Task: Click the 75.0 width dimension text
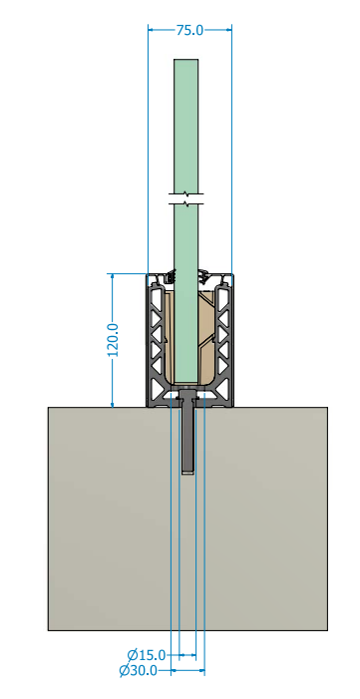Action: [x=189, y=30]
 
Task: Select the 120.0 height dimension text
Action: [x=114, y=340]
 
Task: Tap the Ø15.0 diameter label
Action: [x=147, y=655]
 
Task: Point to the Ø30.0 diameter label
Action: [x=139, y=670]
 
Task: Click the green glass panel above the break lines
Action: [x=186, y=127]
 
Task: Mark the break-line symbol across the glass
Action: [x=186, y=199]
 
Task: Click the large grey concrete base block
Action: [x=187, y=519]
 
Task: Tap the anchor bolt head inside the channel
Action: [x=187, y=393]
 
